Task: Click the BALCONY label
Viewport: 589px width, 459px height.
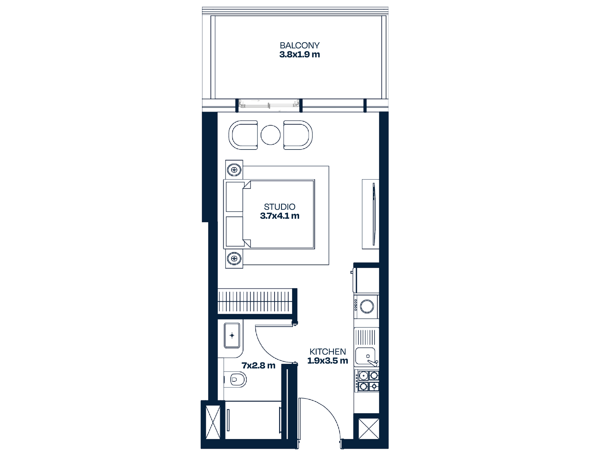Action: click(299, 45)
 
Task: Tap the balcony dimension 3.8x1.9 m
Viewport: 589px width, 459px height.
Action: click(299, 55)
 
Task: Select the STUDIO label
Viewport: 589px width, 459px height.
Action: click(279, 207)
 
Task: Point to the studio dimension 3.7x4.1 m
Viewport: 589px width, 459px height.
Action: click(279, 216)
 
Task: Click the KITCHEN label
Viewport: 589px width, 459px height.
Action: click(328, 352)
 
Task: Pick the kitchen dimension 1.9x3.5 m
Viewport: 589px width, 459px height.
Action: click(328, 361)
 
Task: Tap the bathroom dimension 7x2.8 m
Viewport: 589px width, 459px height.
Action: click(258, 366)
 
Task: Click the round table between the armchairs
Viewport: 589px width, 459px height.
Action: click(271, 135)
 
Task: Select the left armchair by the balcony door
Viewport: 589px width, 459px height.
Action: click(243, 135)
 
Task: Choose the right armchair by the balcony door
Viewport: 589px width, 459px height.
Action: click(298, 135)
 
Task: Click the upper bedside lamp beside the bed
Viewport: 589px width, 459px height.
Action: click(234, 169)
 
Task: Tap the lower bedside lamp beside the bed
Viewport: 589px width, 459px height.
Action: click(234, 259)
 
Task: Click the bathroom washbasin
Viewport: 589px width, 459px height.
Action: click(232, 336)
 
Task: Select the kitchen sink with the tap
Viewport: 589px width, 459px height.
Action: click(367, 356)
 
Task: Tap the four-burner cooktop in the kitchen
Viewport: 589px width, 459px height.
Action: click(367, 381)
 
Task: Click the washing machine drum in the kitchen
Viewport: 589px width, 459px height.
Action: click(367, 306)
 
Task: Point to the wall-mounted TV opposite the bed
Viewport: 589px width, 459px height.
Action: click(374, 214)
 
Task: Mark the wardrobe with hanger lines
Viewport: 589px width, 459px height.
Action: click(255, 301)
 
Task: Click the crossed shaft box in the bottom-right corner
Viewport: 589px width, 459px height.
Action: click(369, 428)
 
